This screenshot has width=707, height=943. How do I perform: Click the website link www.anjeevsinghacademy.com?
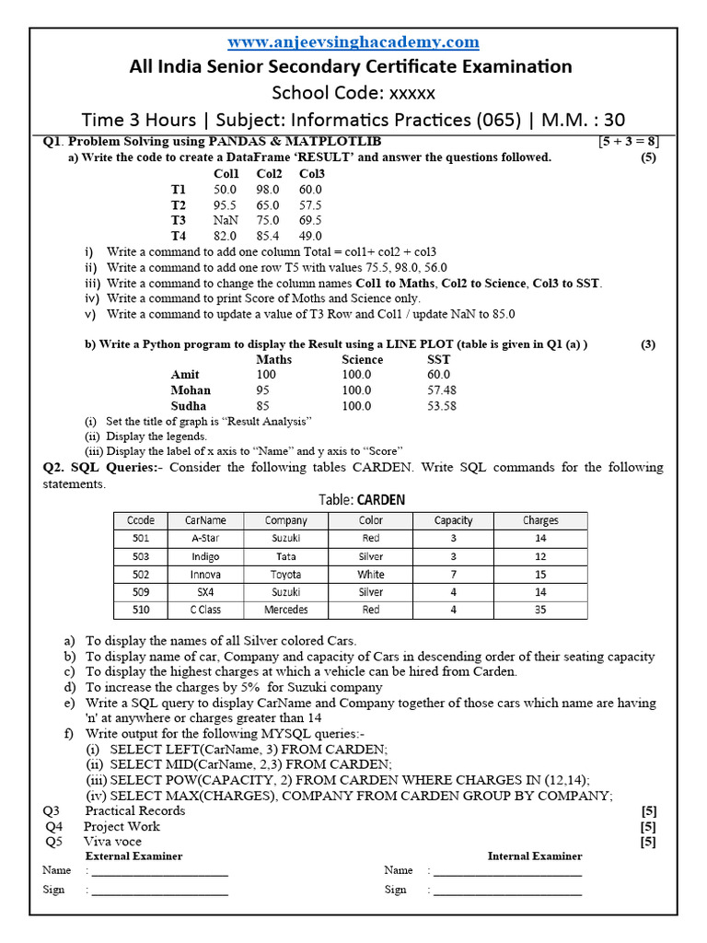[x=353, y=42]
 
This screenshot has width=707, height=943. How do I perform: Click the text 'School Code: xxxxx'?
[x=353, y=93]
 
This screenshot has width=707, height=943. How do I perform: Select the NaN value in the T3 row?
[x=225, y=220]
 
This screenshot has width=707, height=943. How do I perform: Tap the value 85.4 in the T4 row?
[x=269, y=236]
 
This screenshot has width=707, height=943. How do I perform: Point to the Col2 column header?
[x=269, y=173]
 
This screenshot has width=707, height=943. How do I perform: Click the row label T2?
[x=179, y=204]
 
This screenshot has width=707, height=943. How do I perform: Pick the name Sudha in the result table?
[x=189, y=405]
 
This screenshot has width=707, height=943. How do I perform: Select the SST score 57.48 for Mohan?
[x=442, y=390]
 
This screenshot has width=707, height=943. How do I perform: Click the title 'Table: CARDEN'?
[x=362, y=500]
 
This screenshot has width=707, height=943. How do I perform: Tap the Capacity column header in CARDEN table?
[x=453, y=520]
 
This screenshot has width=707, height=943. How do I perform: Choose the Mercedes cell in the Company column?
[x=285, y=610]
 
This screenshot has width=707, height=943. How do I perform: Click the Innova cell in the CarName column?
[x=205, y=575]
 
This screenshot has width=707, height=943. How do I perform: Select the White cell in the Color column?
[x=371, y=575]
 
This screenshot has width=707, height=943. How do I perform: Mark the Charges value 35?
[x=540, y=610]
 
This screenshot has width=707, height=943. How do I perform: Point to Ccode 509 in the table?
[x=141, y=592]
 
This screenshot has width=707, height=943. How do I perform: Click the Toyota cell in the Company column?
[x=285, y=575]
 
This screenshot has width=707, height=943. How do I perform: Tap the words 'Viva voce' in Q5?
[x=112, y=841]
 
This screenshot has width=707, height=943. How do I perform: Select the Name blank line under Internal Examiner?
[x=507, y=870]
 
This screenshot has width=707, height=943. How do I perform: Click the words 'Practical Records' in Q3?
[x=134, y=810]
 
